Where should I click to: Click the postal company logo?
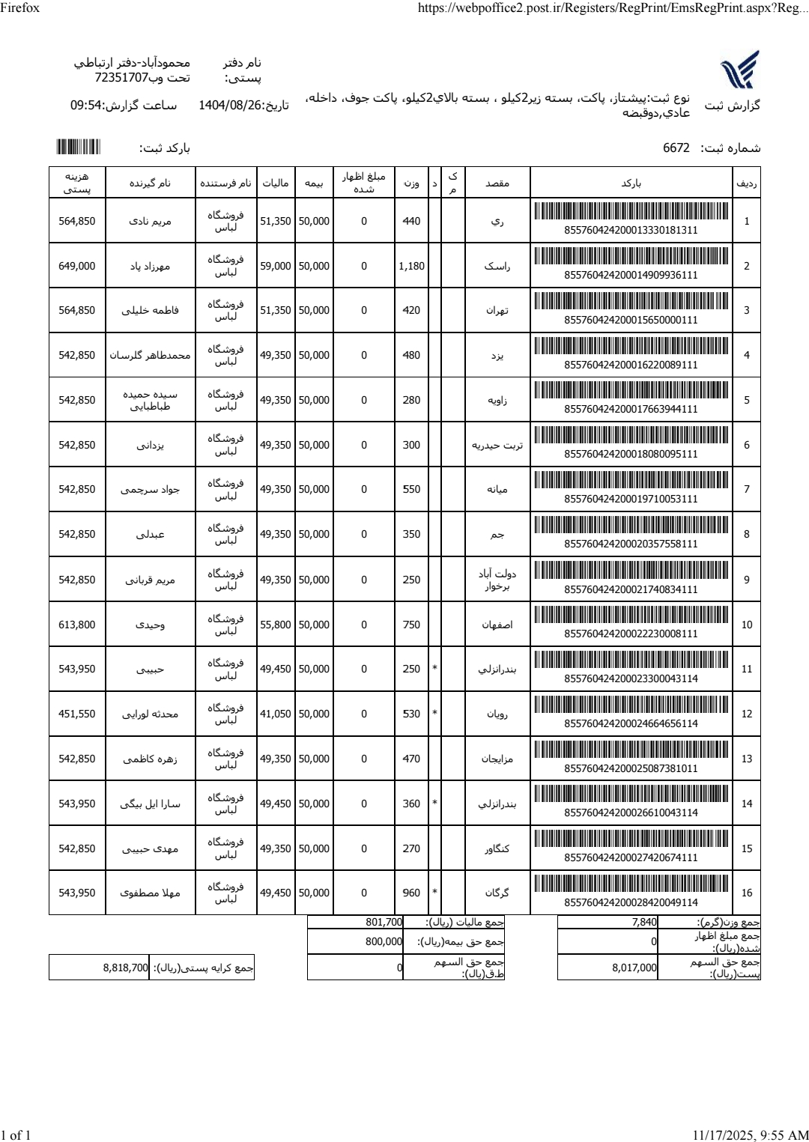click(x=739, y=70)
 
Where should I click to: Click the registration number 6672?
click(x=676, y=148)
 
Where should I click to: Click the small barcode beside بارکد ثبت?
click(x=78, y=147)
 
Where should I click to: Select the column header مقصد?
click(x=497, y=183)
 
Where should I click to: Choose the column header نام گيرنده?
click(x=151, y=183)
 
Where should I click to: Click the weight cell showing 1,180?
click(x=411, y=266)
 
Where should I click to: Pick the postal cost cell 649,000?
click(x=77, y=266)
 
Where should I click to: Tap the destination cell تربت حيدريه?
click(x=497, y=445)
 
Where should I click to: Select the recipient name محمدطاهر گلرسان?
click(x=151, y=355)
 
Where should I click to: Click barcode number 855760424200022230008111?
click(x=631, y=634)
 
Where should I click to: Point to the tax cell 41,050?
click(x=276, y=714)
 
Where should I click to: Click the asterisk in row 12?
click(x=434, y=714)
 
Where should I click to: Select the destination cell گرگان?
click(x=497, y=893)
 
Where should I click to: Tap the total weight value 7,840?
click(x=644, y=923)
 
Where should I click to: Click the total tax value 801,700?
click(x=385, y=923)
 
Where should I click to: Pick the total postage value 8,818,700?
click(x=125, y=968)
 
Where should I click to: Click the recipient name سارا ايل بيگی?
click(x=151, y=804)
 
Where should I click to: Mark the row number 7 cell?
click(x=746, y=490)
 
